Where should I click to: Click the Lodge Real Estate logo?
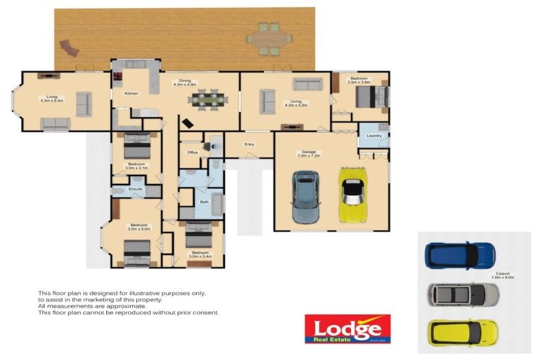pos(347,328)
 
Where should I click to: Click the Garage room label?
pos(309,153)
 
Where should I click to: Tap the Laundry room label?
pos(373,136)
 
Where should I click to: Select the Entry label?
pos(249,145)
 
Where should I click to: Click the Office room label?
pos(192,152)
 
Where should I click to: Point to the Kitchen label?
pos(131,94)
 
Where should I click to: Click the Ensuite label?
pos(136,189)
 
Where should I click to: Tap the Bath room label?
pos(204,202)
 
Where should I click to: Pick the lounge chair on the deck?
pos(70,49)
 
